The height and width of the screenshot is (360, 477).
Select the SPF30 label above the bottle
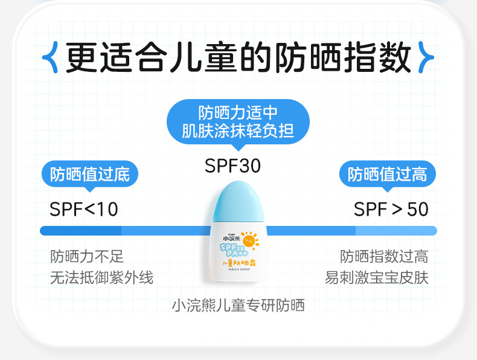click(x=232, y=166)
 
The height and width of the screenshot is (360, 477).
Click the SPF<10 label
click(x=84, y=210)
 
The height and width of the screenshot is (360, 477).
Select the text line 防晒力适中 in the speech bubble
click(x=238, y=113)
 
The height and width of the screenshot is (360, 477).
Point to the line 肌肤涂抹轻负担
click(x=238, y=130)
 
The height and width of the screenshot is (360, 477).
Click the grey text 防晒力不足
click(x=87, y=256)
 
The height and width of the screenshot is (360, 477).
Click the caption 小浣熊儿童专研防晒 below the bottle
click(x=238, y=305)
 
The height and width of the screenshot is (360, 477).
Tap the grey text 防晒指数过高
click(x=384, y=256)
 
